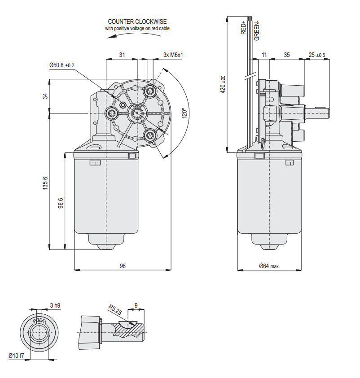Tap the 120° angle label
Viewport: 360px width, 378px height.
183,113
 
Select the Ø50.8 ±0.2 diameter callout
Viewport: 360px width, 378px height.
61,65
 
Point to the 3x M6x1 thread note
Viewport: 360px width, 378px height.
173,55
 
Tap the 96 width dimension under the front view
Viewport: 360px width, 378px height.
123,266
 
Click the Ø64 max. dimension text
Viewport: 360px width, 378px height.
269,266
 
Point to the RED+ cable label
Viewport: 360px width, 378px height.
243,27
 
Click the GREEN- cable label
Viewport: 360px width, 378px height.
257,30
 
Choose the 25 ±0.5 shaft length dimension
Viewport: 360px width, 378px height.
317,55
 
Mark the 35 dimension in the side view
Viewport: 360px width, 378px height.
287,55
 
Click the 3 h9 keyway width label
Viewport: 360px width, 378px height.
55,305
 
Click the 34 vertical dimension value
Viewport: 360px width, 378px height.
45,96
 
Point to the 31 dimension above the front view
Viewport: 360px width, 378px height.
122,55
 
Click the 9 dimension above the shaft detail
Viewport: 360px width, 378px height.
136,305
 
